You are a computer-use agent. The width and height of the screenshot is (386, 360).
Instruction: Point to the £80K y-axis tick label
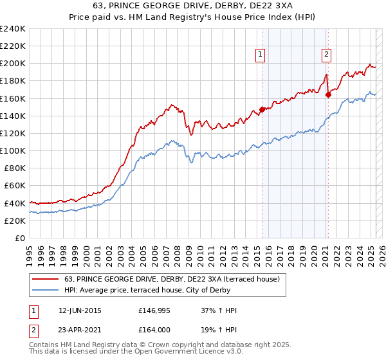[14, 168]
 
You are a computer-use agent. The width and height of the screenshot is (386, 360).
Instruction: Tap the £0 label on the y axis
[21, 238]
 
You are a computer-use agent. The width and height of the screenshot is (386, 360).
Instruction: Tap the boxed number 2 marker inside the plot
[327, 55]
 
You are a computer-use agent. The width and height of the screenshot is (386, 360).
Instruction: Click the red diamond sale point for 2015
[262, 109]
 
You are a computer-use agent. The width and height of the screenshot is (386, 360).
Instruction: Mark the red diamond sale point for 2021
[328, 94]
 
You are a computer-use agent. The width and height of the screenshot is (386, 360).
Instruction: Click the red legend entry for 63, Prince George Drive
[172, 279]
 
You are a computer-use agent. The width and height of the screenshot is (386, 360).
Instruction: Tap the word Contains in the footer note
[45, 346]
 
